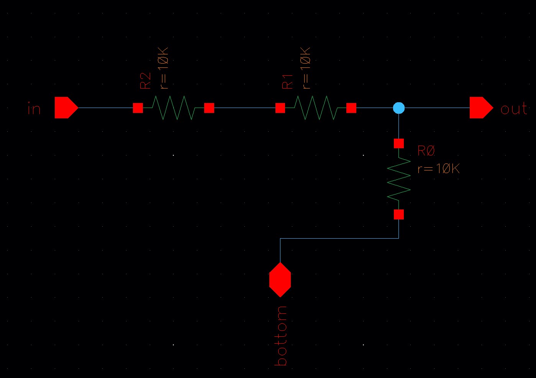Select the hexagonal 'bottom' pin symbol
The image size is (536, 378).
click(x=280, y=280)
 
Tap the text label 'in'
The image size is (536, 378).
click(x=34, y=109)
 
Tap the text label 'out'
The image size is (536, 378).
click(x=514, y=109)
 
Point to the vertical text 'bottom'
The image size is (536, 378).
click(x=281, y=335)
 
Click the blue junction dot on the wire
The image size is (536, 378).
click(x=398, y=108)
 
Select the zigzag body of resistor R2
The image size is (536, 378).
click(x=173, y=108)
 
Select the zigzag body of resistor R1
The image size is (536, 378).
click(x=316, y=108)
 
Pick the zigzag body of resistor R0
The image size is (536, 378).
click(x=398, y=179)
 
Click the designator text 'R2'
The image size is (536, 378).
click(x=146, y=81)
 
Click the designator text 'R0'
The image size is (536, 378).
click(x=426, y=151)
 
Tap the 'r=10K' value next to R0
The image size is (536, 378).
click(x=438, y=169)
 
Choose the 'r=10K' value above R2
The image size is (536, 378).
click(x=163, y=68)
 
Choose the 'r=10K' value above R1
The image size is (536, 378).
click(x=305, y=68)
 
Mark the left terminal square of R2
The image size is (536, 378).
click(x=138, y=108)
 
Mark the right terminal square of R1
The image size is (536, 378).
click(x=351, y=108)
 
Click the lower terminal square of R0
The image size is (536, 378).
click(x=398, y=214)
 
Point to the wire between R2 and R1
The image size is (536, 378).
click(x=244, y=108)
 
